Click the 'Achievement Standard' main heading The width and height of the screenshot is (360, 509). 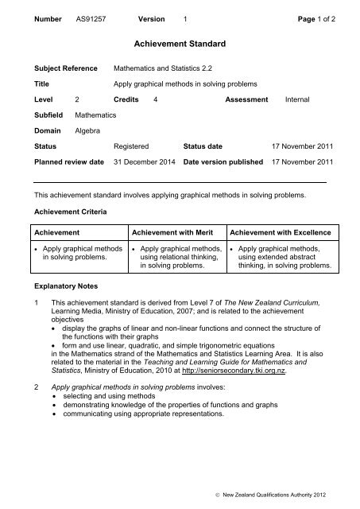point(179,48)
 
